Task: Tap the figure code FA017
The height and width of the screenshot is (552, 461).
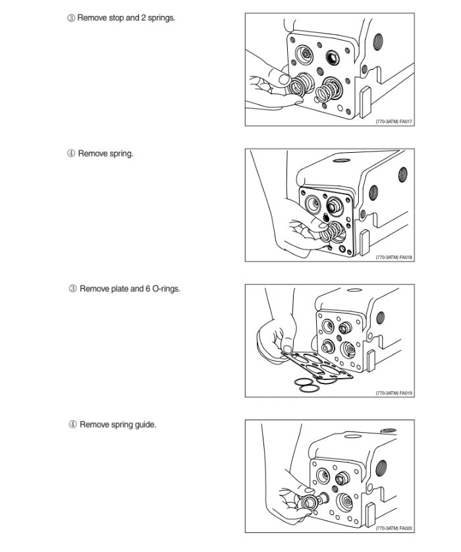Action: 406,122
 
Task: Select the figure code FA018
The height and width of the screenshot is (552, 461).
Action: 406,258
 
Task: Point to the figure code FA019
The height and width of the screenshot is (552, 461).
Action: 406,393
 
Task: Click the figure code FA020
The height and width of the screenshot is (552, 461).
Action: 406,528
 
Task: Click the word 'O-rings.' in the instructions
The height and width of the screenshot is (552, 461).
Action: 166,289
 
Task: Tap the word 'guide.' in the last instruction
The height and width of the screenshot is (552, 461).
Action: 146,425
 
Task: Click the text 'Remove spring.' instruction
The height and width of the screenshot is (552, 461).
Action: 105,154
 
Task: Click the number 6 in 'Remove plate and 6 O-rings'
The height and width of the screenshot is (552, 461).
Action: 148,289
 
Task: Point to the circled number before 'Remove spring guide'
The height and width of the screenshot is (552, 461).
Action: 72,425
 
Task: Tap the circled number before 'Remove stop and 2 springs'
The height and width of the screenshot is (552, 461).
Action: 71,18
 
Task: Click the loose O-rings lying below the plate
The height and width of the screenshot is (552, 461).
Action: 307,385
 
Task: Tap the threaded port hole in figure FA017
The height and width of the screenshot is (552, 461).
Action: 377,42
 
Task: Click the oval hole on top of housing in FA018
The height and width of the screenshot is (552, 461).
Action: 341,161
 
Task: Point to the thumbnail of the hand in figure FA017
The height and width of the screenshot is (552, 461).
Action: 284,80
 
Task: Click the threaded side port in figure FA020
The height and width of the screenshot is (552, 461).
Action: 381,468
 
